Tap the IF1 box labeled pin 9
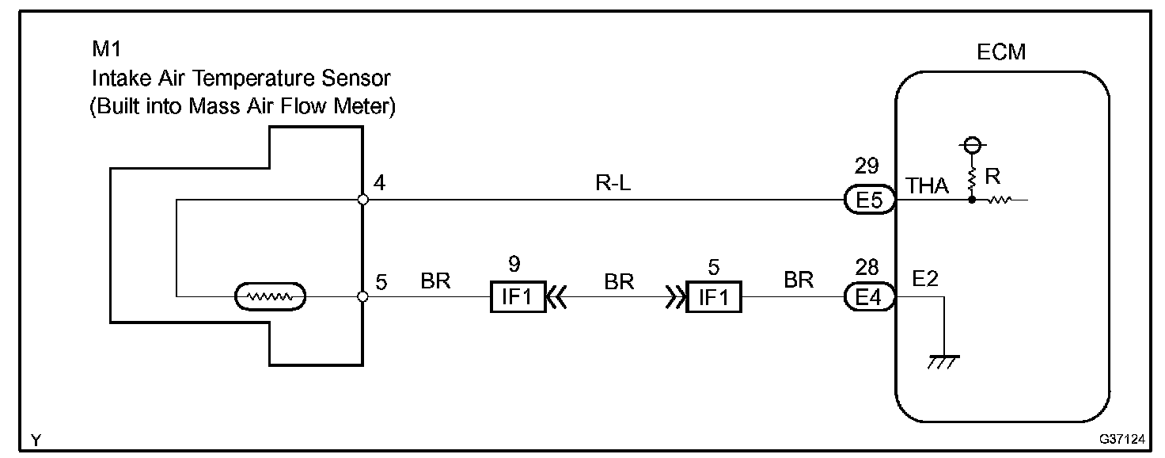coord(517,298)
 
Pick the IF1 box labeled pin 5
coord(713,298)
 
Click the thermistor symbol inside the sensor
coord(270,298)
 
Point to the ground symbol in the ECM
coord(944,361)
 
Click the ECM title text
coord(1001,53)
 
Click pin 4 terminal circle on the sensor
coord(362,200)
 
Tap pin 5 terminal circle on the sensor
coord(362,297)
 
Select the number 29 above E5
coord(867,166)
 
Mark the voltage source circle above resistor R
coord(973,145)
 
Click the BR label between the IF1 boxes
coord(618,281)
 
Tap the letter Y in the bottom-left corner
coord(36,438)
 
